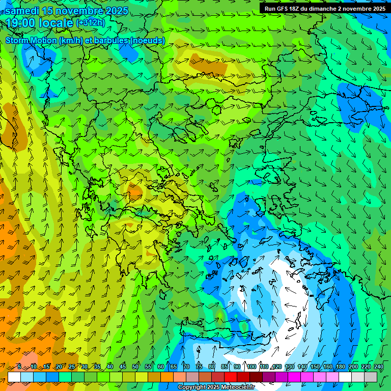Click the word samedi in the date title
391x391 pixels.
(x=22, y=11)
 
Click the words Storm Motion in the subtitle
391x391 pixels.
(x=31, y=40)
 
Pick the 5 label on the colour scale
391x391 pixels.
(x=19, y=367)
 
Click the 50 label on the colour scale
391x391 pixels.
(x=135, y=367)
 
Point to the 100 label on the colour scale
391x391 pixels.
(x=252, y=367)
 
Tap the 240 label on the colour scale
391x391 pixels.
(x=379, y=367)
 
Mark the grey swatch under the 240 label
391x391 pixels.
(x=371, y=377)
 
